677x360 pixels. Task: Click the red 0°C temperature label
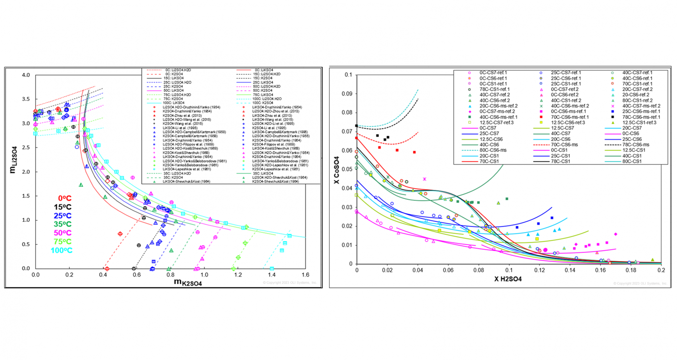pos(65,199)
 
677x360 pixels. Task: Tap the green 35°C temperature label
pos(62,224)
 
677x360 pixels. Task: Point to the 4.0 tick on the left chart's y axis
pos(26,75)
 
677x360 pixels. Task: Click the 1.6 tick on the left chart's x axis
pos(305,275)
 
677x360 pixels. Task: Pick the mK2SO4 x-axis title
pos(188,282)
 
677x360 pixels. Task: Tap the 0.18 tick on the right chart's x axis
pos(631,270)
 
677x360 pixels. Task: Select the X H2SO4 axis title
pos(508,279)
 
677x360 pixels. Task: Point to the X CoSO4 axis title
pos(336,170)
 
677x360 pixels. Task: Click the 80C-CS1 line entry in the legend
pos(632,161)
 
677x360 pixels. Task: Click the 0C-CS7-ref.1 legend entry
pos(493,73)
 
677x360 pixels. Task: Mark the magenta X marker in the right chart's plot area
pos(425,179)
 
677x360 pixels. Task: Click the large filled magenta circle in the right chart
pos(545,250)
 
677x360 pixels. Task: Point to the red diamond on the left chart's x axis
pos(107,269)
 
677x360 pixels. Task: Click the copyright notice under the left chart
pos(289,283)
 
